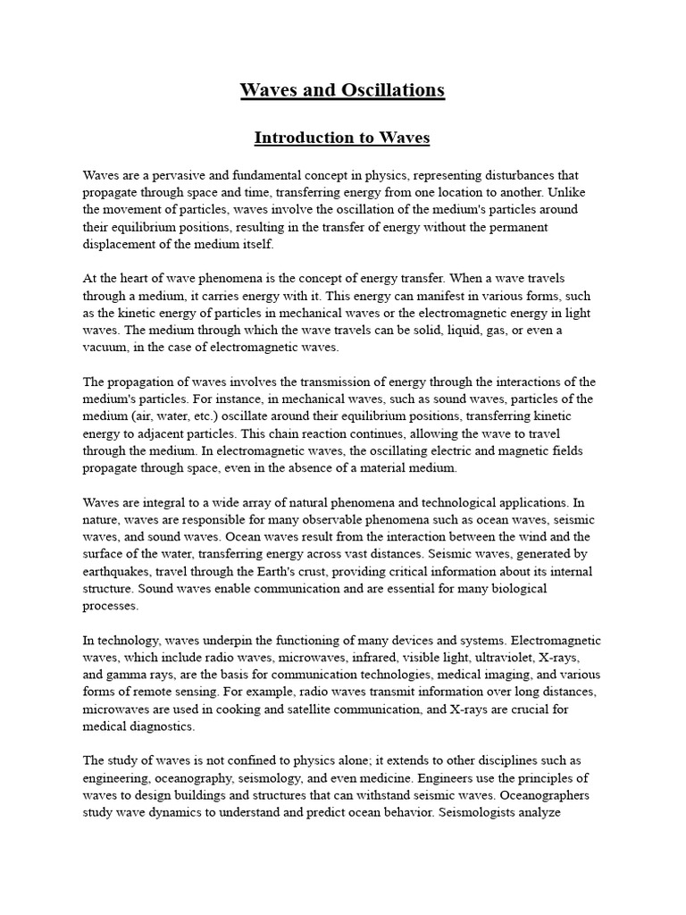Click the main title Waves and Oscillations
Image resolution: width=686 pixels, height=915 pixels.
(x=342, y=90)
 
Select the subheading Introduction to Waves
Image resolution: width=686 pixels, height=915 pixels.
(x=342, y=138)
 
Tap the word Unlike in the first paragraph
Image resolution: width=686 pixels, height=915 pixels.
(x=582, y=192)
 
